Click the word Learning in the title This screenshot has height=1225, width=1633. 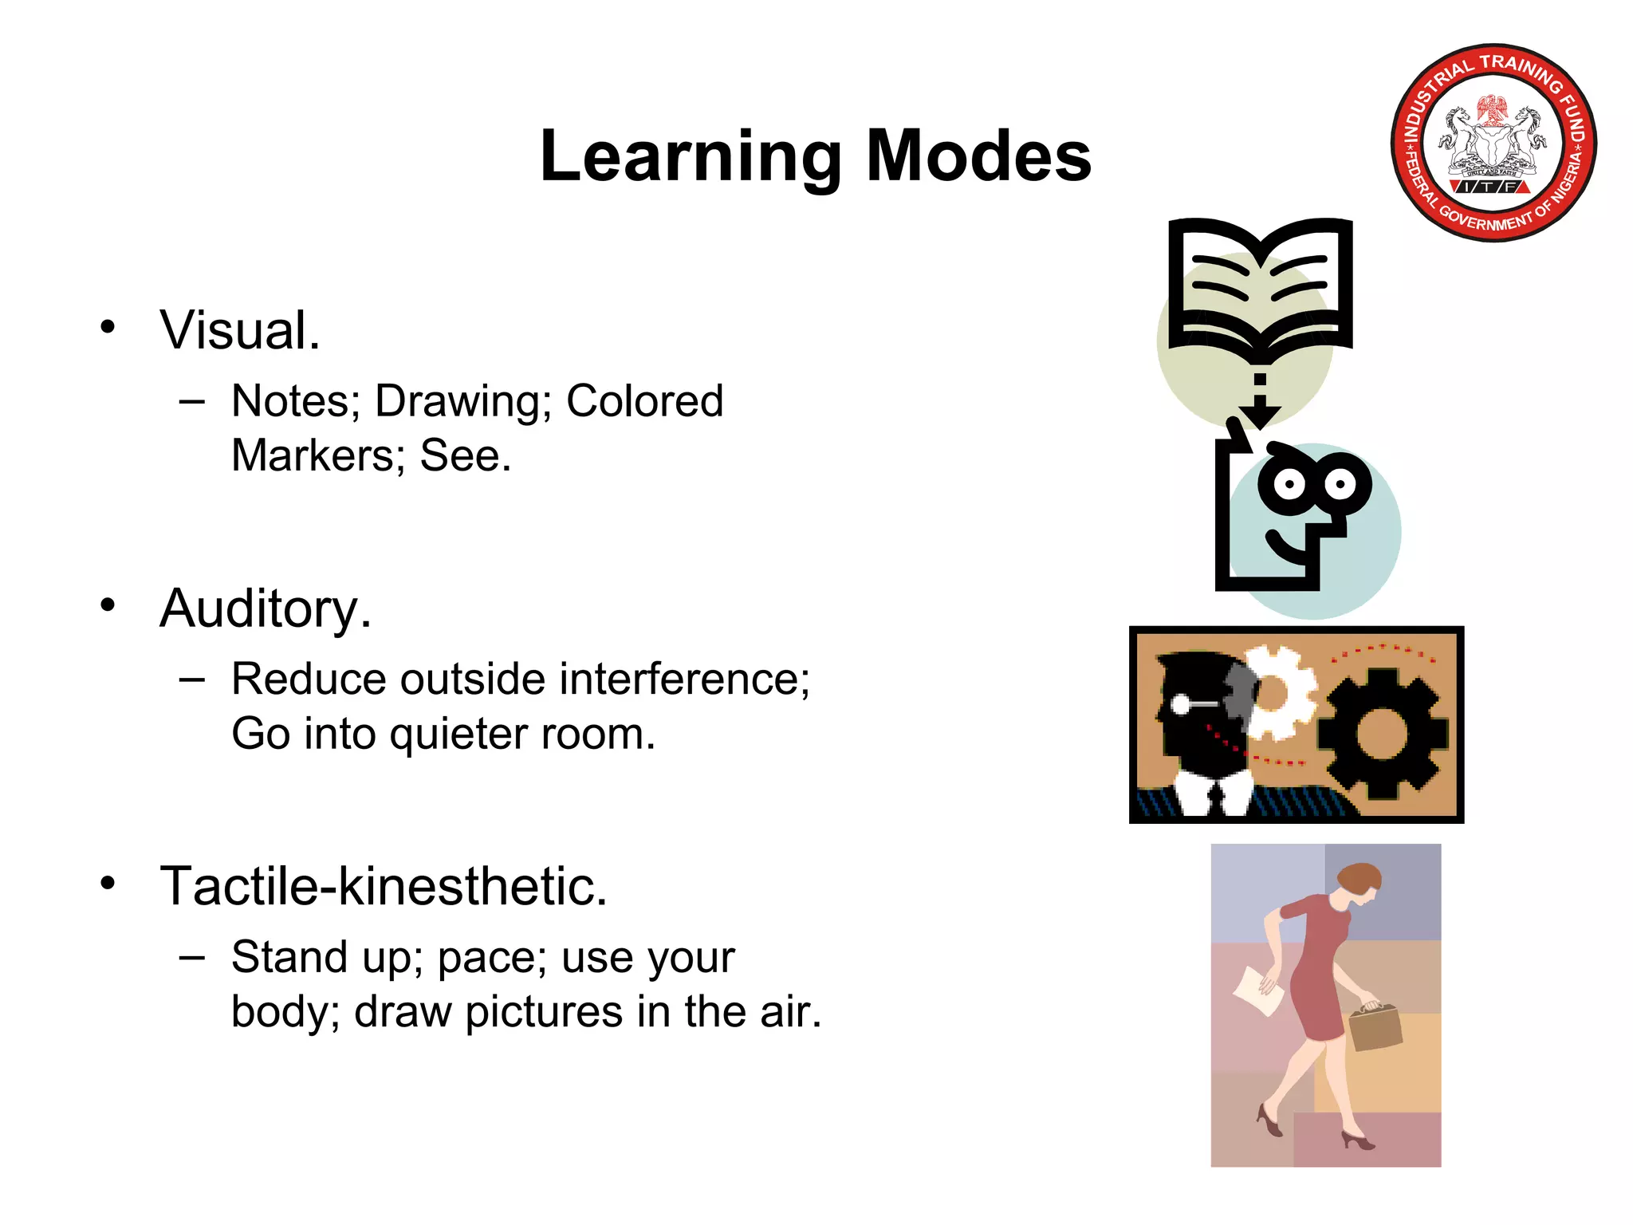pos(691,156)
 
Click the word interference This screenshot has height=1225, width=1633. pos(684,679)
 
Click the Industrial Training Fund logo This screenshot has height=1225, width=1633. pos(1493,143)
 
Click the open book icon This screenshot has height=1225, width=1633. pos(1260,287)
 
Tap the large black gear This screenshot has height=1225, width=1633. pos(1382,734)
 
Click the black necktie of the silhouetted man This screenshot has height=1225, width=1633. pos(1216,798)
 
